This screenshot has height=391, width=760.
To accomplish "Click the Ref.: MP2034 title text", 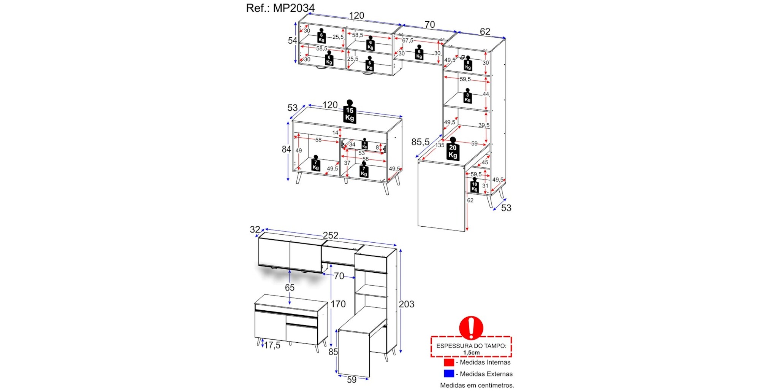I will pyautogui.click(x=280, y=8).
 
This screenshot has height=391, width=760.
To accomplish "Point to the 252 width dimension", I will pyautogui.click(x=330, y=235).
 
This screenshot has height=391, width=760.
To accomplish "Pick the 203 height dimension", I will pyautogui.click(x=406, y=304).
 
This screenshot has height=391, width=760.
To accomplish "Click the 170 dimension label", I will pyautogui.click(x=338, y=304).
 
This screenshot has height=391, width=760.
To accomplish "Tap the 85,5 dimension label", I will pyautogui.click(x=420, y=142).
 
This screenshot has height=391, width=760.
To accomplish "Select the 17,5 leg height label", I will pyautogui.click(x=272, y=345).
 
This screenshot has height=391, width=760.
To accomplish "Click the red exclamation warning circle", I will pyautogui.click(x=471, y=327).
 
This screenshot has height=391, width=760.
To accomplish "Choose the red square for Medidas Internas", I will pyautogui.click(x=449, y=362).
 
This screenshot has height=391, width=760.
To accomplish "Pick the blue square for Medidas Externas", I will pyautogui.click(x=449, y=374).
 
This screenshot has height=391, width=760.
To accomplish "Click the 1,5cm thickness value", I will pyautogui.click(x=471, y=353).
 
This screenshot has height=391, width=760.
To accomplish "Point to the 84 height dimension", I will pyautogui.click(x=286, y=149).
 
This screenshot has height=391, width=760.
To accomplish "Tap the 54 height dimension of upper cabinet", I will pyautogui.click(x=292, y=41).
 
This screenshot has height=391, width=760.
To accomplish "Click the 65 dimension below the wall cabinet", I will pyautogui.click(x=290, y=288).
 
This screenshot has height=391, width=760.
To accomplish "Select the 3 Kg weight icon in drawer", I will pyautogui.click(x=364, y=144).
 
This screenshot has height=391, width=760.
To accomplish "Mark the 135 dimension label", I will pyautogui.click(x=440, y=145).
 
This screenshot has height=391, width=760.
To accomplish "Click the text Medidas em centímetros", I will pyautogui.click(x=477, y=385).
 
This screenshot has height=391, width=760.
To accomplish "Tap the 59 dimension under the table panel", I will pyautogui.click(x=351, y=380).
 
